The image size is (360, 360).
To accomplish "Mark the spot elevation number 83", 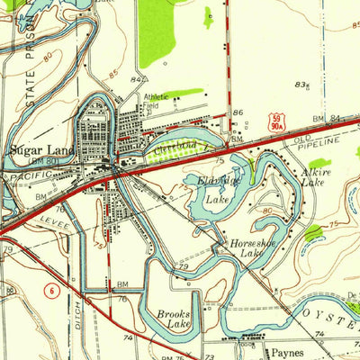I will click(300, 84).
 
